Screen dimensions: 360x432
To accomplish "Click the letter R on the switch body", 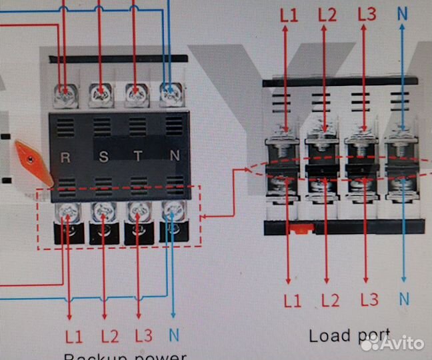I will pos(65,157).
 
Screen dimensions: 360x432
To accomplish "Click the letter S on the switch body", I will pos(103,157).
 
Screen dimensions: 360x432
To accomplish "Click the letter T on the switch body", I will pos(138,157).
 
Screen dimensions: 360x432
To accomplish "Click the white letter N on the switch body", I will pos(175,157).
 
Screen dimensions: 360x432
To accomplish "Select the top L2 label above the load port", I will pos(327,15).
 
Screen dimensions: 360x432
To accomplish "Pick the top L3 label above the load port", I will pos(367,14).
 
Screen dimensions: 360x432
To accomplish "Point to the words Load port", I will pos(349,335).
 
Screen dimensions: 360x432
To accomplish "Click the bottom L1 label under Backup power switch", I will pos(73,335).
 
